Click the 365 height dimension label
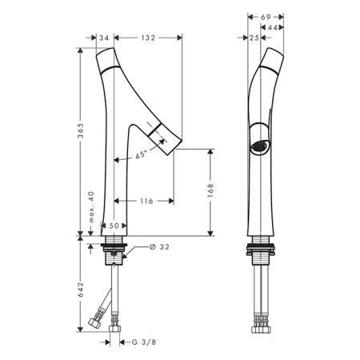pos(80,130)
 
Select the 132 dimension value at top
pos(148,38)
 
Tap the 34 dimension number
pos(104,38)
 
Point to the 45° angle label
pos(141,154)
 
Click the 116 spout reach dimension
pos(146,201)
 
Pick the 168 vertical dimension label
pos(210,190)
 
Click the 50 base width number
pos(114,226)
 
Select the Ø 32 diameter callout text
pos(159,247)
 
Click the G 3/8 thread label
pos(144,342)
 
